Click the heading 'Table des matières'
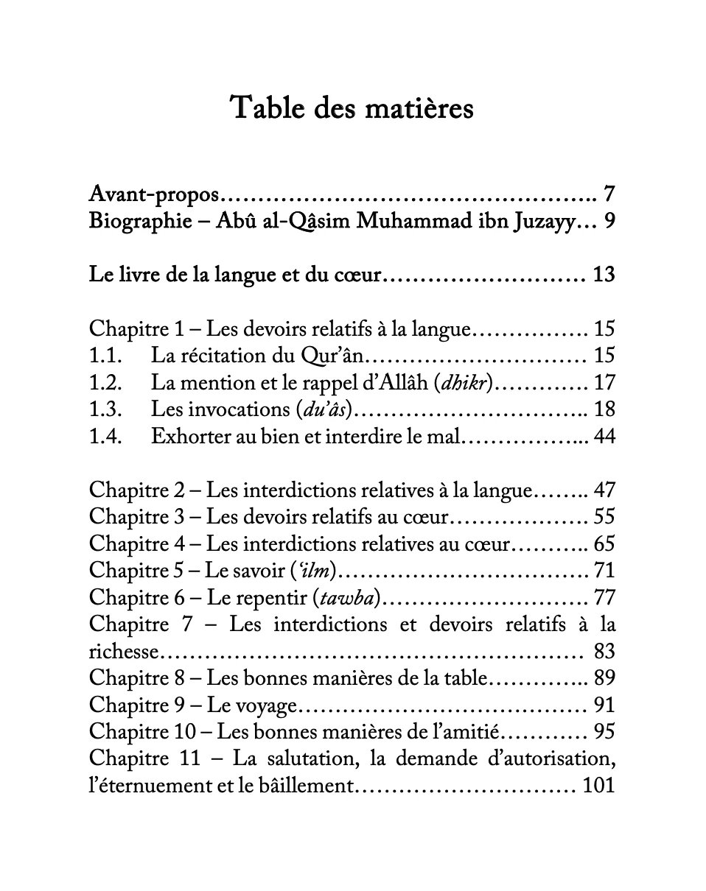[x=352, y=108]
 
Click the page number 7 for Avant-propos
[x=608, y=195]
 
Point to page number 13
[x=603, y=275]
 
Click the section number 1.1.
[x=104, y=356]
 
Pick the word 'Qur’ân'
[x=333, y=356]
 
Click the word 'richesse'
[x=125, y=652]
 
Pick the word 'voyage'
[x=264, y=705]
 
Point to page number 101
[x=598, y=786]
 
